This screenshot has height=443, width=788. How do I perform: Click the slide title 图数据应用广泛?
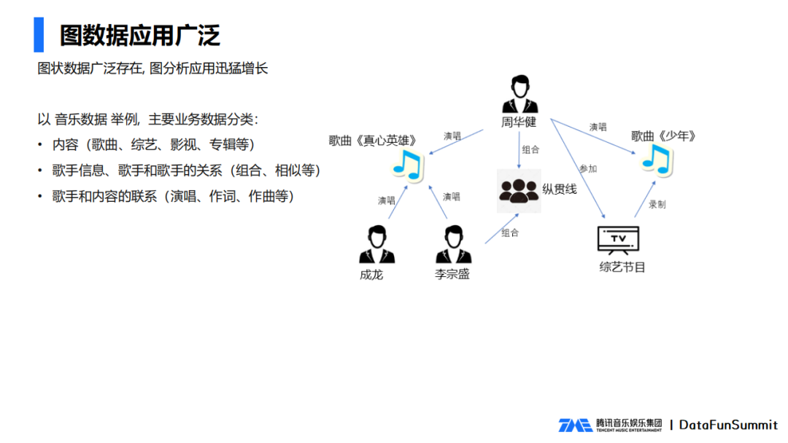[x=140, y=34]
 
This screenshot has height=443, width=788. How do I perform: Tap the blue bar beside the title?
[x=38, y=34]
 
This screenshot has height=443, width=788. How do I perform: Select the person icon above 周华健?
[x=519, y=95]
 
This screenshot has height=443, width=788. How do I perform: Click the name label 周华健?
[x=519, y=123]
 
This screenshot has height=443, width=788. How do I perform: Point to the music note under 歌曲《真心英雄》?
[x=407, y=165]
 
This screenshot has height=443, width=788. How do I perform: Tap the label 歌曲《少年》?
[x=664, y=136]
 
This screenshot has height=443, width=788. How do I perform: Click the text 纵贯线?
[x=560, y=189]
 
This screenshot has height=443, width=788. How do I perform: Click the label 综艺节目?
[x=622, y=267]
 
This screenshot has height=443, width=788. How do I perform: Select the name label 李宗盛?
[x=452, y=275]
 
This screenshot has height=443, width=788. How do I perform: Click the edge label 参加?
[x=588, y=169]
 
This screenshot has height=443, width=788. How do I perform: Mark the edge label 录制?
[x=657, y=205]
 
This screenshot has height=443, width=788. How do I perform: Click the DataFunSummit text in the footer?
[x=728, y=425]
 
